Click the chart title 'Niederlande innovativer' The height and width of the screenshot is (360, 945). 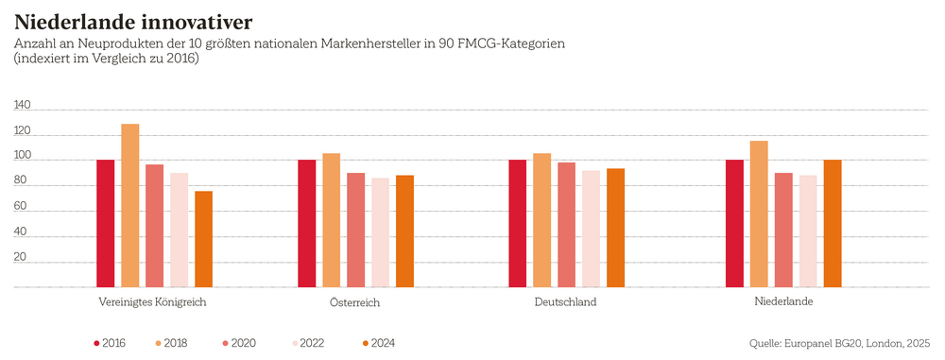pyautogui.click(x=132, y=20)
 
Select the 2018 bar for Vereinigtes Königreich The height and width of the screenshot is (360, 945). pyautogui.click(x=129, y=205)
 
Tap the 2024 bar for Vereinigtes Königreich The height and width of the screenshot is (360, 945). pyautogui.click(x=203, y=238)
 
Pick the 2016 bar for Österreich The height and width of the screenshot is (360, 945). pyautogui.click(x=306, y=223)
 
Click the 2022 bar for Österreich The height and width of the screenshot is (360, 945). pyautogui.click(x=380, y=231)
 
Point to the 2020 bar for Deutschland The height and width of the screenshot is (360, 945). pyautogui.click(x=566, y=224)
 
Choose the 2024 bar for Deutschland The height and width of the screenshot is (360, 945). pyautogui.click(x=615, y=227)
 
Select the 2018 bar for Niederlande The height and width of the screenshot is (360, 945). pyautogui.click(x=759, y=214)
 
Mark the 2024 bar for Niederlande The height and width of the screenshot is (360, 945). pyautogui.click(x=833, y=223)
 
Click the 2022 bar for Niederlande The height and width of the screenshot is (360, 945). pyautogui.click(x=808, y=231)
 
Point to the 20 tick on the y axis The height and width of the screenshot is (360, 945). pyautogui.click(x=20, y=256)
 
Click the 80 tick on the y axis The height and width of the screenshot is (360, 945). pyautogui.click(x=20, y=181)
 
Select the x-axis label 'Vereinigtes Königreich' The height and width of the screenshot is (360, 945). pyautogui.click(x=152, y=302)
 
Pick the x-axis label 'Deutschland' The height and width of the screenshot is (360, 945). pyautogui.click(x=564, y=302)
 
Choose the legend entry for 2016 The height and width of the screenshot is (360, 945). pyautogui.click(x=109, y=343)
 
